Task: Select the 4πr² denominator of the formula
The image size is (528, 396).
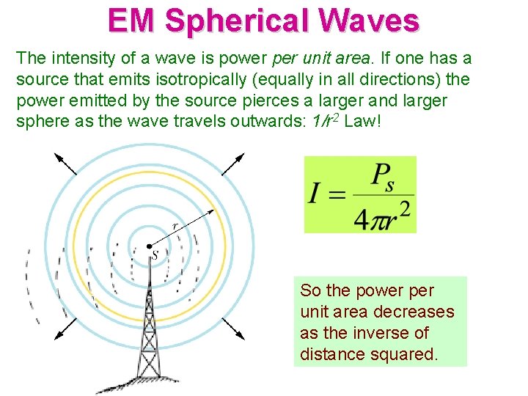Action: pos(381,215)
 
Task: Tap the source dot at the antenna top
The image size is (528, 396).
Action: pos(149,246)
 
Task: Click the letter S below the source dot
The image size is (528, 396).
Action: pos(155,256)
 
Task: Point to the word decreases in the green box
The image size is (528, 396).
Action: pos(414,312)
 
